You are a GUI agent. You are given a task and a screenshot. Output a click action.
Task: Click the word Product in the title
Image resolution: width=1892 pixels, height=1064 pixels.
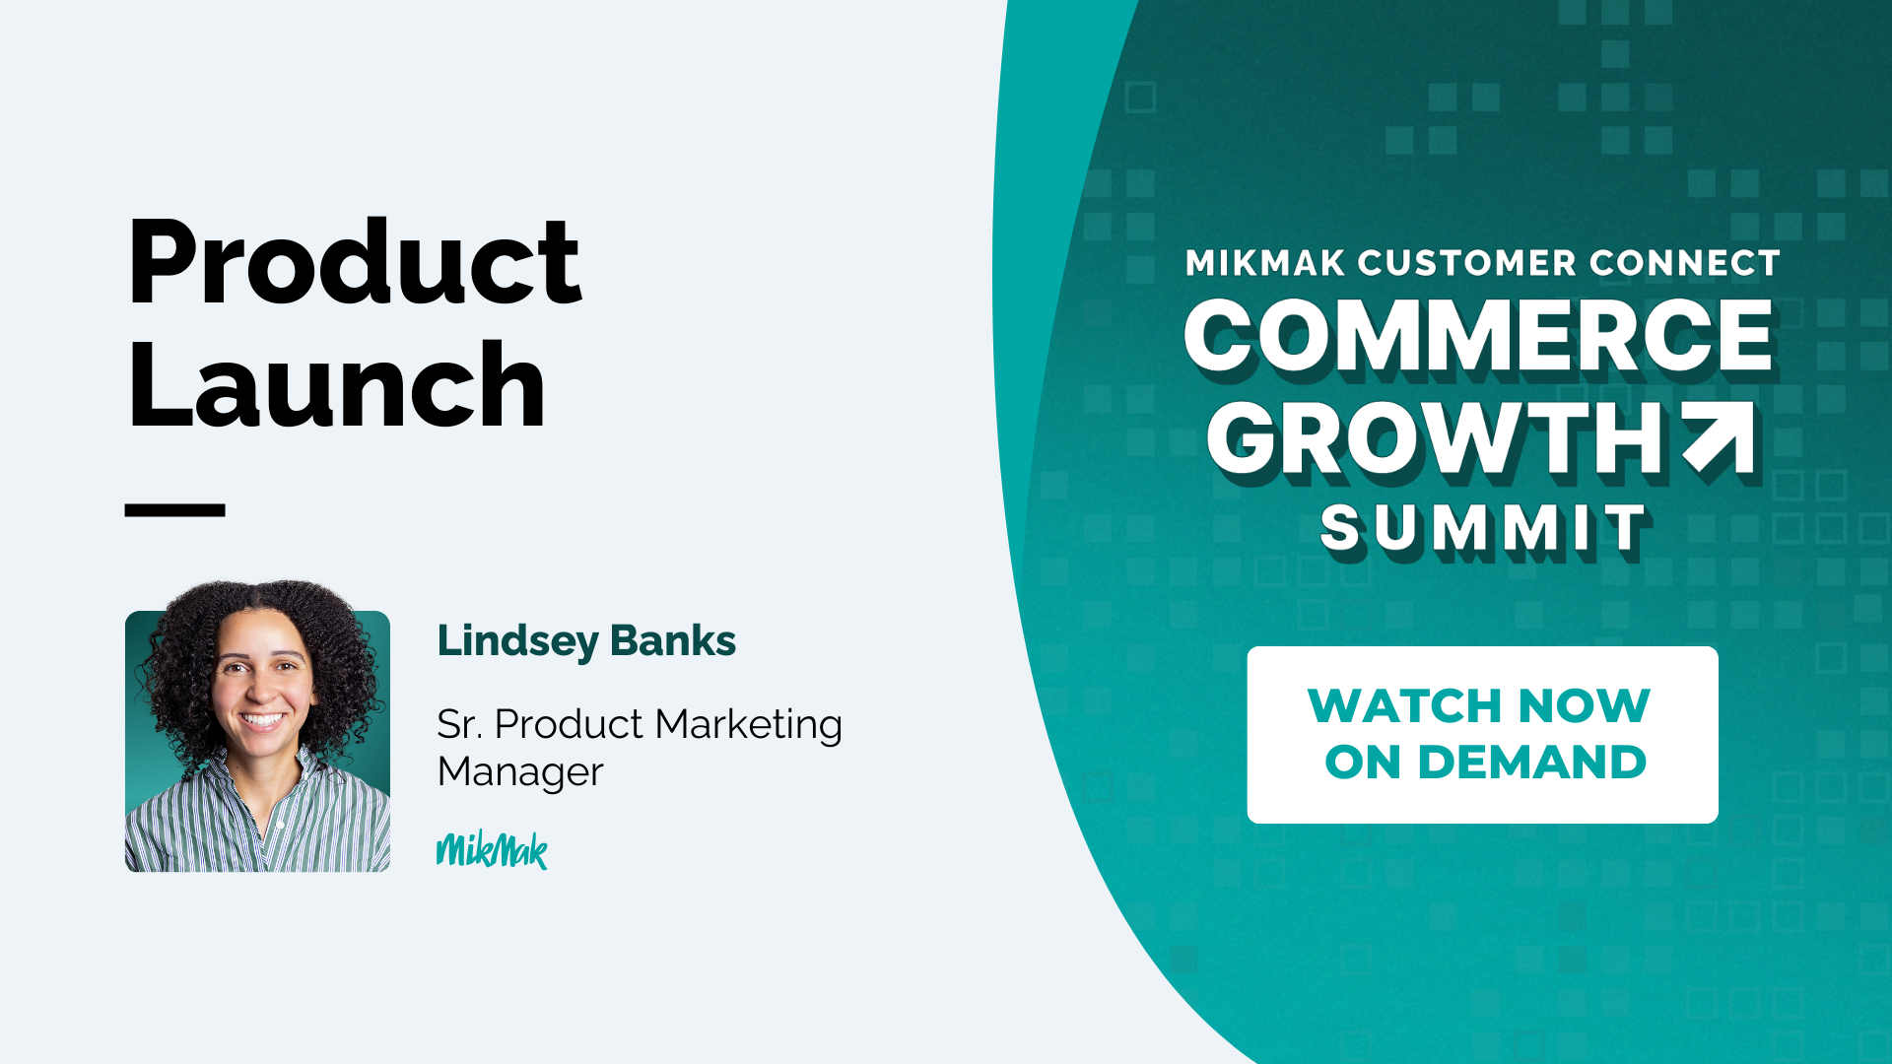pos(355,261)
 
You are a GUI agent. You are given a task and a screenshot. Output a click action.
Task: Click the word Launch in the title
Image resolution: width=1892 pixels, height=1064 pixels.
pos(336,384)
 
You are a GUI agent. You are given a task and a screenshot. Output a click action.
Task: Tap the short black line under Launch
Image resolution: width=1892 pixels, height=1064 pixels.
pos(175,509)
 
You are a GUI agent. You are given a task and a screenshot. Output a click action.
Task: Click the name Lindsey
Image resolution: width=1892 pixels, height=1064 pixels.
pos(518,642)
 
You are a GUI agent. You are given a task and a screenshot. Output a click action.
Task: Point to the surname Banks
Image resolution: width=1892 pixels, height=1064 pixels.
pos(673,640)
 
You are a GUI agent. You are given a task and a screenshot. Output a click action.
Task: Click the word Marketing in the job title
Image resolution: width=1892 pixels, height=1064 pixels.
pos(749,726)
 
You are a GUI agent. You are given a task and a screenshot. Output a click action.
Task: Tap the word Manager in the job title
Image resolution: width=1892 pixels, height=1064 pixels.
pos(520,772)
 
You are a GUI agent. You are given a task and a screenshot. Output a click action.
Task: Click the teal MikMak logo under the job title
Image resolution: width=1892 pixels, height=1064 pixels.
pos(492,850)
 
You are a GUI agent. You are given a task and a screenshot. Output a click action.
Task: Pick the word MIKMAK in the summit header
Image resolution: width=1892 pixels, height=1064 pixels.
pos(1265,263)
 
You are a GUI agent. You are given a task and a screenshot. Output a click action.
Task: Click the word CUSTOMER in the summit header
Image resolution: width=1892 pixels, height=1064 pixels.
pos(1468,263)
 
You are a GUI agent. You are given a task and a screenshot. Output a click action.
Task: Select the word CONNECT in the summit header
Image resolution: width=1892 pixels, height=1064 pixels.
pos(1685,263)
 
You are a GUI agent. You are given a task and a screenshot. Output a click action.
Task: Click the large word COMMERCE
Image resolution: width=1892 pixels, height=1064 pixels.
pos(1479,337)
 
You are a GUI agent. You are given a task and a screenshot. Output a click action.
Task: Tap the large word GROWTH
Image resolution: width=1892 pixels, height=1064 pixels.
pos(1438,439)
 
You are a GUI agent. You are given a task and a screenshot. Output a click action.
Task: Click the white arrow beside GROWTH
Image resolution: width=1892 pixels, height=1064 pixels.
pos(1719,436)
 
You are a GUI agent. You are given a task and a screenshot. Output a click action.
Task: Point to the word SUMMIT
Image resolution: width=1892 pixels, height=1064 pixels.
pos(1483,529)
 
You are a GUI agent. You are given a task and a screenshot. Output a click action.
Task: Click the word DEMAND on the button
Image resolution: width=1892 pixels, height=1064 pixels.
pos(1532,763)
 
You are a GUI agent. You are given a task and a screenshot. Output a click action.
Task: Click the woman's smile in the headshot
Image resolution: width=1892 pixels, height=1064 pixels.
pos(262,719)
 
